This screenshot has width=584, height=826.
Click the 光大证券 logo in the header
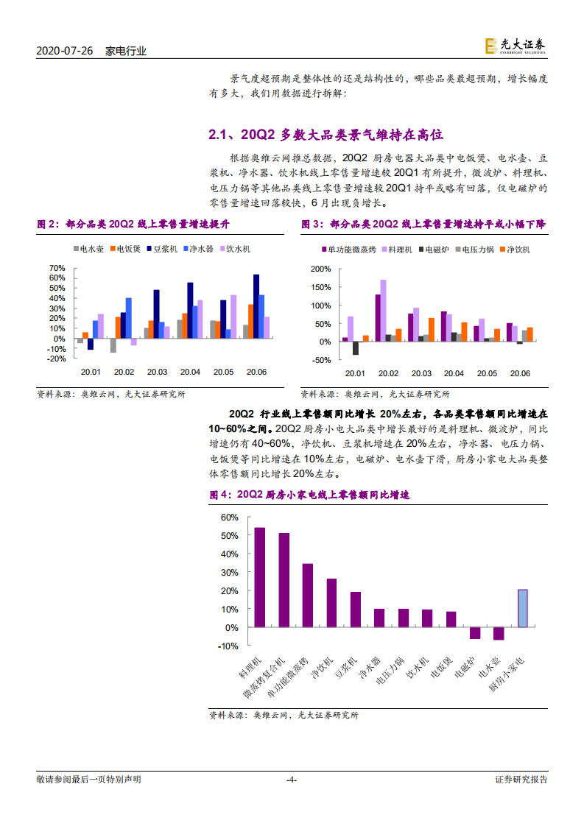point(516,46)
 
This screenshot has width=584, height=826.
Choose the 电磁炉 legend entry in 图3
point(434,250)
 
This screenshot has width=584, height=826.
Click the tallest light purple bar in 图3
point(384,310)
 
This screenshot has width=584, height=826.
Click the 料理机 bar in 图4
point(259,577)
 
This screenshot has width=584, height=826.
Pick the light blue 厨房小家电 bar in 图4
point(522,608)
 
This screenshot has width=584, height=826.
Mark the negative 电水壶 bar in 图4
point(499,633)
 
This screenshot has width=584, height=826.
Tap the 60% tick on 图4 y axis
point(229,517)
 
